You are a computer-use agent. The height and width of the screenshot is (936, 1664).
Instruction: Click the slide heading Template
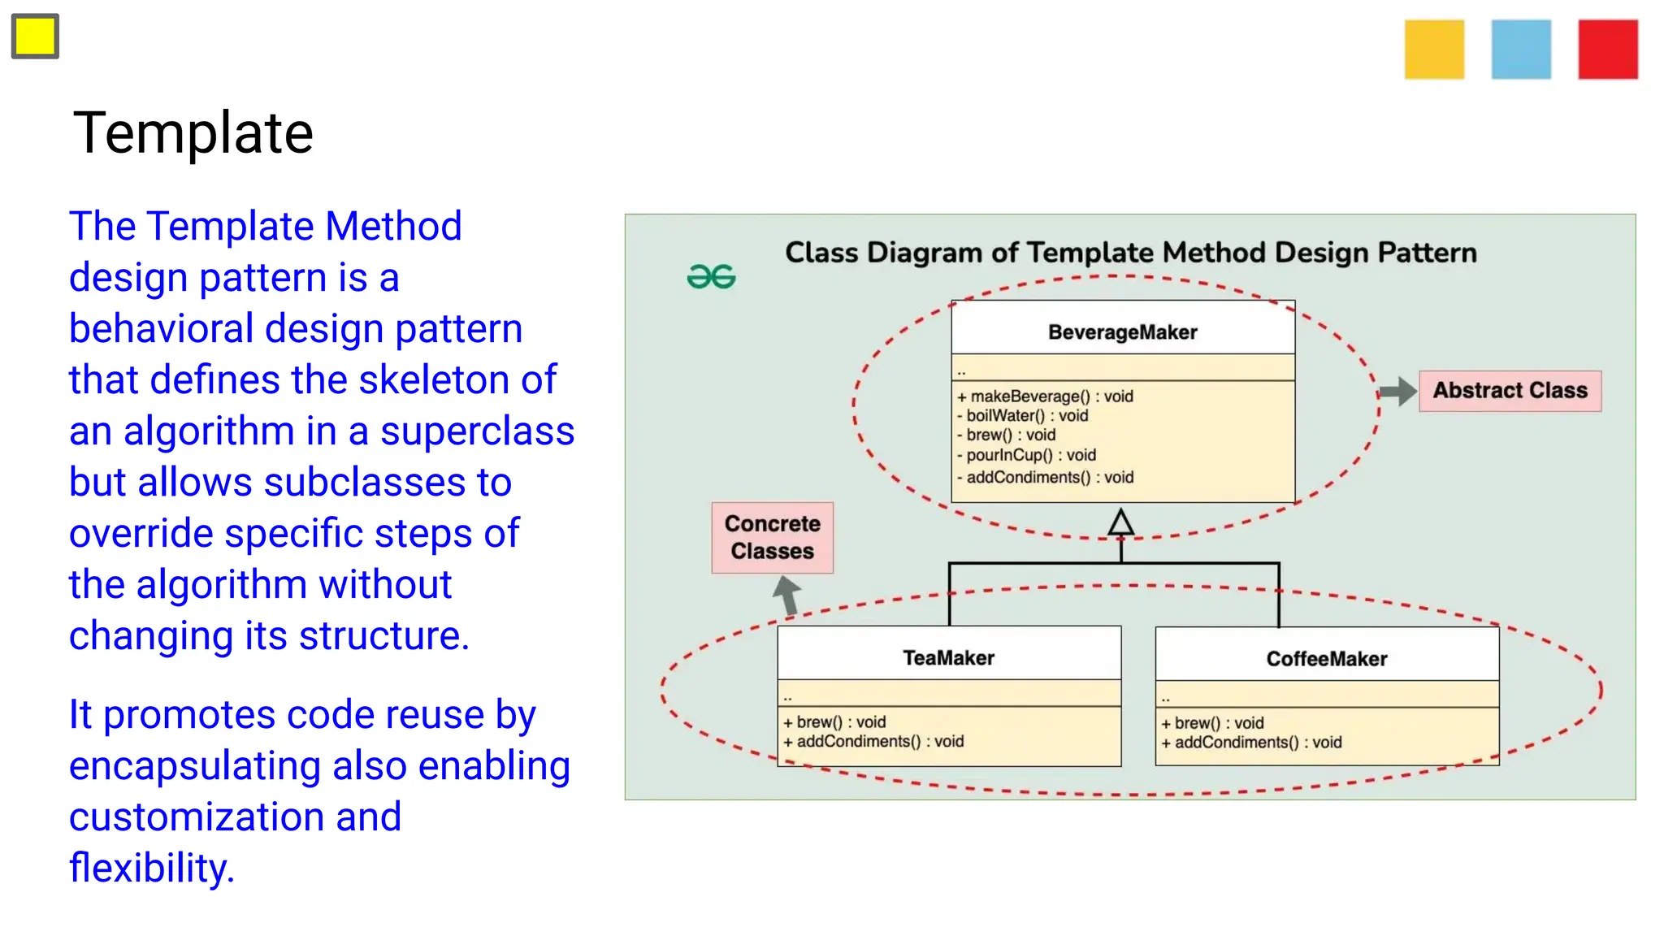(x=193, y=132)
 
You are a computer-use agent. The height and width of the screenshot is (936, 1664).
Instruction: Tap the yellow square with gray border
(x=35, y=37)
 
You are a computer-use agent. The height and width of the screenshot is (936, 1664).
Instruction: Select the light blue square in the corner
(x=1521, y=50)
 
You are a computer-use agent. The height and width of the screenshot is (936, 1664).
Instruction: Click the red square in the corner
(x=1607, y=50)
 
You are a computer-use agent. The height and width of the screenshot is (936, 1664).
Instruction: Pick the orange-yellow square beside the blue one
(x=1434, y=50)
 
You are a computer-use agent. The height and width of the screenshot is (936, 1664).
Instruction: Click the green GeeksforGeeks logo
(x=711, y=277)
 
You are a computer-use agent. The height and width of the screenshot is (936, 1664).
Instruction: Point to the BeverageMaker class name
(x=1122, y=332)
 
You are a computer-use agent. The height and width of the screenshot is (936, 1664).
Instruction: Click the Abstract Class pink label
(x=1510, y=391)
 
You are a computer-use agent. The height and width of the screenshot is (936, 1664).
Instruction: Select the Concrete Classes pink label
(x=772, y=538)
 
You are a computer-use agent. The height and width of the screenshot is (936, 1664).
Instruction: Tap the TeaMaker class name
(x=948, y=658)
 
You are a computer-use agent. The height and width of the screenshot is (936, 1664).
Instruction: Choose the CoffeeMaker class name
(x=1326, y=659)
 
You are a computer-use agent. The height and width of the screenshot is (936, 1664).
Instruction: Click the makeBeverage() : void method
(x=1045, y=396)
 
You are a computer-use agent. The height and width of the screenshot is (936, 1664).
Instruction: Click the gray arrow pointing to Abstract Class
(x=1397, y=391)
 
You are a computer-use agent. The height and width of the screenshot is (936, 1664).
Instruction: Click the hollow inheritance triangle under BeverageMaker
(x=1121, y=522)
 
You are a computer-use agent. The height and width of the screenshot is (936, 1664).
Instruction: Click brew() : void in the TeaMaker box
(x=834, y=722)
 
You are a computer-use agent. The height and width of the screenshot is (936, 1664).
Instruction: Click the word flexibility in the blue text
(x=151, y=868)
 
